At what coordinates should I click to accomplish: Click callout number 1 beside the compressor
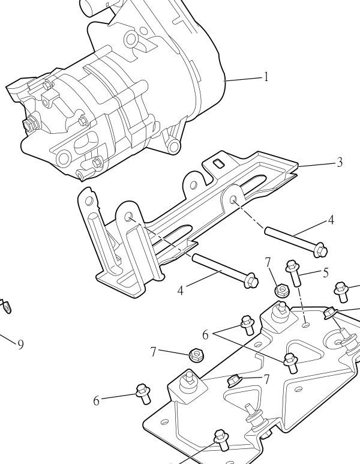[266, 77]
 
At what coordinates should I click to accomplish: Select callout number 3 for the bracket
[340, 162]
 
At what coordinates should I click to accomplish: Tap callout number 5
[325, 273]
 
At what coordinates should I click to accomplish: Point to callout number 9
[20, 345]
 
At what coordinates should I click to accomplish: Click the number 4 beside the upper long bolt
[331, 220]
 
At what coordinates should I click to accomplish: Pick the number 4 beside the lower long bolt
[180, 291]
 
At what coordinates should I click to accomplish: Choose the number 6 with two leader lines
[206, 335]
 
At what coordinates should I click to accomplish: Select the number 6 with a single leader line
[97, 401]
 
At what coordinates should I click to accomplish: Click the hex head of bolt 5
[292, 266]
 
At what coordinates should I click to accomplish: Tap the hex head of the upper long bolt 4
[320, 250]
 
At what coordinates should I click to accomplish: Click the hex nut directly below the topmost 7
[282, 290]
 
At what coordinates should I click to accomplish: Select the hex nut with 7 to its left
[196, 355]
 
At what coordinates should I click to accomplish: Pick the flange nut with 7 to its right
[235, 381]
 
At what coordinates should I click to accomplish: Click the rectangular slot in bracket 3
[218, 163]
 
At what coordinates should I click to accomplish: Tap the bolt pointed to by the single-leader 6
[143, 394]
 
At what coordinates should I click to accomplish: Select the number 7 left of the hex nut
[153, 352]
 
